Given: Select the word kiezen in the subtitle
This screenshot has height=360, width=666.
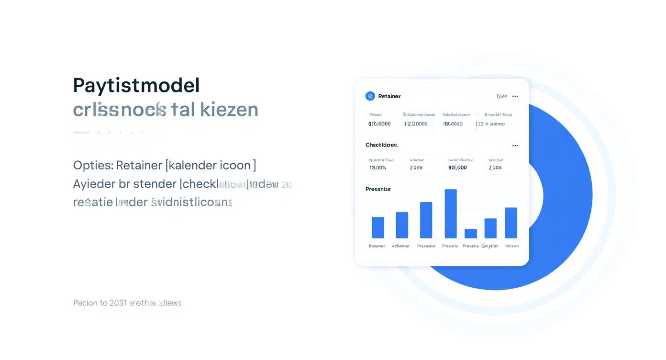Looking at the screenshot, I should [x=229, y=110].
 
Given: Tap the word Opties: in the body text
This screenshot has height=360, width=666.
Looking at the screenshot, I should [x=93, y=166].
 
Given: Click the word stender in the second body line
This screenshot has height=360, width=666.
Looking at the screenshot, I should [x=154, y=184].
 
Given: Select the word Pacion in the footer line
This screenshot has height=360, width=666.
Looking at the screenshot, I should [x=84, y=303].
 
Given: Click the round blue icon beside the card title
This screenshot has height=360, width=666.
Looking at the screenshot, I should [x=370, y=96].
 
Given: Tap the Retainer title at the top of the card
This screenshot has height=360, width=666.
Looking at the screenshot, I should [x=389, y=96].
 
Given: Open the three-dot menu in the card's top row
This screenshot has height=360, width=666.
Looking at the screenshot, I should [x=515, y=96].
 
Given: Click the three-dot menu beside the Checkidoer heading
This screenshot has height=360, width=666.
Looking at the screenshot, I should [x=515, y=146].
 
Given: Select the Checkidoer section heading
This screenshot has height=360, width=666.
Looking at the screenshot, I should [x=381, y=145].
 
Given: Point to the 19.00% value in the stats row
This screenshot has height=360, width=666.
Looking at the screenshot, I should [x=377, y=168].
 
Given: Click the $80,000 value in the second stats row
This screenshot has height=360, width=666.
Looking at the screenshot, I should [x=457, y=168].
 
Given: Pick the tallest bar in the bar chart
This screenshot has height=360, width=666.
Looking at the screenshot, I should [x=451, y=214].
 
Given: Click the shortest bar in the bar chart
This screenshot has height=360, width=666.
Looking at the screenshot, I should [x=471, y=234].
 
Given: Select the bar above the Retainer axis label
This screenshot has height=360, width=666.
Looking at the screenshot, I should [x=378, y=227].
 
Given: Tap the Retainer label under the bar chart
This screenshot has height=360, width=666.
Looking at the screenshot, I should [x=377, y=246].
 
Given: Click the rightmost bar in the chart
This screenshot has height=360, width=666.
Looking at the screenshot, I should [x=511, y=223].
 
